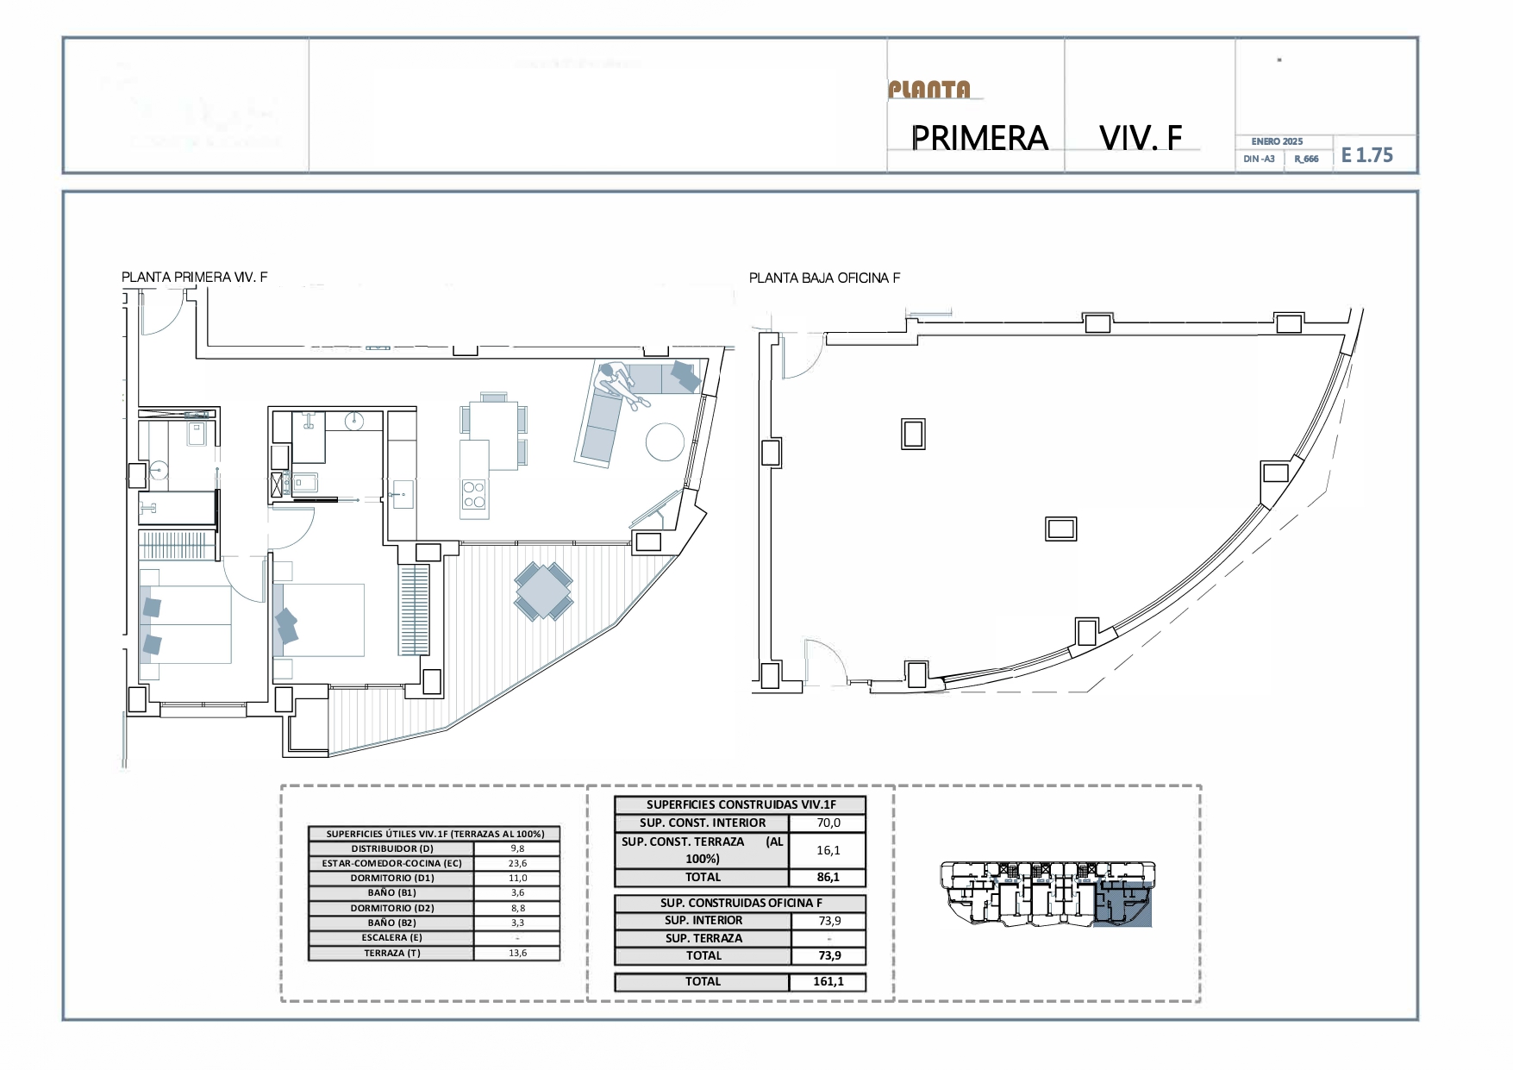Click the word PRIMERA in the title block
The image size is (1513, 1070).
coord(979,138)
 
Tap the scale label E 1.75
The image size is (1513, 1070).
coord(1366,155)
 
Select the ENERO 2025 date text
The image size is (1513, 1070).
coord(1277,141)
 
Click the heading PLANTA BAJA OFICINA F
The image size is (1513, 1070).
coord(824,278)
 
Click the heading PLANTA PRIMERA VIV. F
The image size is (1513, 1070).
coord(194,277)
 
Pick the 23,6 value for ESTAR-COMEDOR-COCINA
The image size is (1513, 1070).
coord(517,863)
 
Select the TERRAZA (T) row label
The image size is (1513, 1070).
coord(391,953)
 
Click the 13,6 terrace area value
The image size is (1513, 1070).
coord(517,953)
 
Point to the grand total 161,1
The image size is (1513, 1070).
coord(828,981)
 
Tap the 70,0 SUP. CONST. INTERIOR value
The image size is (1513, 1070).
coord(828,823)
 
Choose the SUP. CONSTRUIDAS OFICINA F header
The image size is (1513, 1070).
coord(741,903)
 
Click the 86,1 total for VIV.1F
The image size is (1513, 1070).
coord(828,877)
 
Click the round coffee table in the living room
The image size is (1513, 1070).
coord(666,441)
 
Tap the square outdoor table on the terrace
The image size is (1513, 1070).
coord(543,591)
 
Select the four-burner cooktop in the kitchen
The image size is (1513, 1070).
coord(474,495)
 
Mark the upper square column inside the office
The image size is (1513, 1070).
coord(913,434)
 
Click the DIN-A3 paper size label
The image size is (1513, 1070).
coord(1259,159)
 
